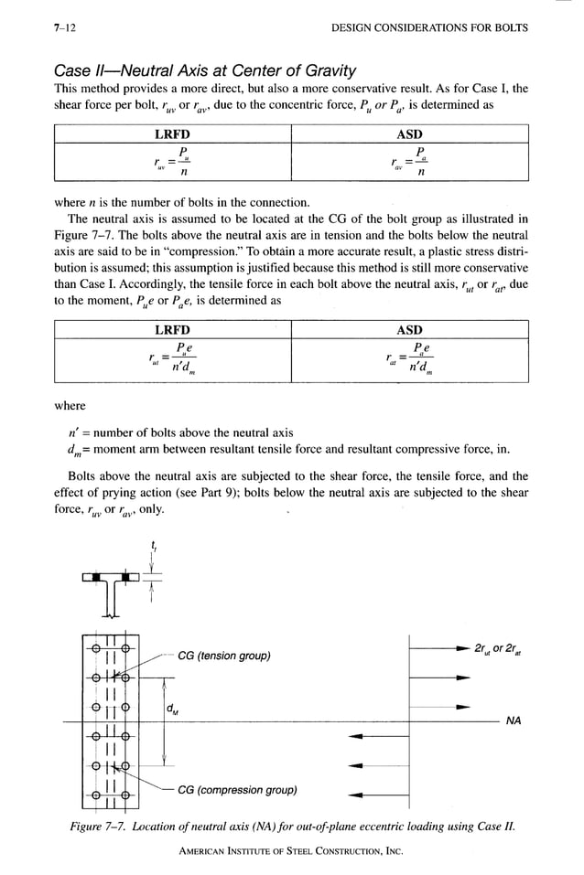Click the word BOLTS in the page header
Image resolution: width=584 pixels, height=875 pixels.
point(509,28)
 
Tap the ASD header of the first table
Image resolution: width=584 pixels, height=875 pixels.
point(408,134)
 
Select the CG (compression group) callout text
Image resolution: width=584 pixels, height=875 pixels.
point(237,790)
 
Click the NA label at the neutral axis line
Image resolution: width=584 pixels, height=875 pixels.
point(514,721)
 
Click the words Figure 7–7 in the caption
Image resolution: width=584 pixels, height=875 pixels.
point(101,827)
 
